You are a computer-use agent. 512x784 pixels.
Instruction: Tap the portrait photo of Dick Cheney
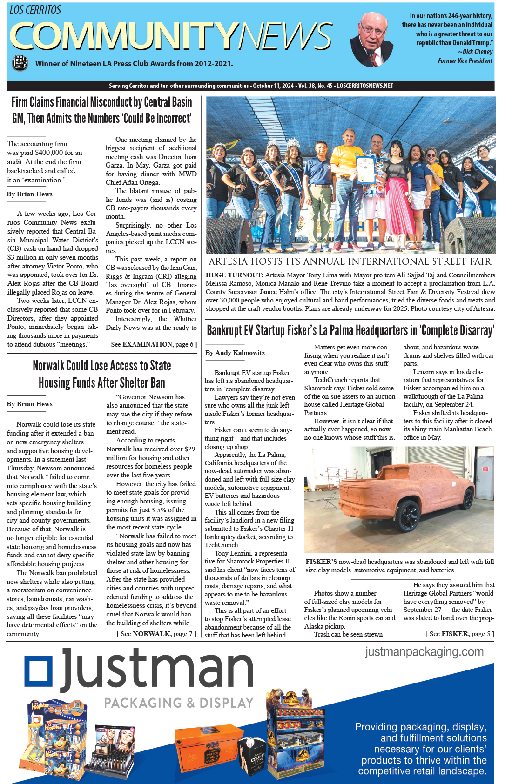pos(372,39)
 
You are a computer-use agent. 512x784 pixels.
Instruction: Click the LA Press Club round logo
pos(19,63)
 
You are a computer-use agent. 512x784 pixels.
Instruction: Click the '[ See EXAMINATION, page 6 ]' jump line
pos(152,344)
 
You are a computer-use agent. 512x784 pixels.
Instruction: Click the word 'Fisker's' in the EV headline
pos(301,330)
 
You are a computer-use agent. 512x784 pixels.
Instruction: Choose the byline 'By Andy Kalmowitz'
pos(235,353)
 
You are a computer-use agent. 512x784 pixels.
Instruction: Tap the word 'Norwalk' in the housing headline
pos(52,366)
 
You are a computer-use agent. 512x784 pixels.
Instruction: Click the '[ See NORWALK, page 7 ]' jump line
pos(156,634)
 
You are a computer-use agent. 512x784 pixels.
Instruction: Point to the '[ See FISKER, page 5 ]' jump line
pos(459,634)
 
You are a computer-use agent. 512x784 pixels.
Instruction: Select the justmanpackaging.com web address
pos(424,651)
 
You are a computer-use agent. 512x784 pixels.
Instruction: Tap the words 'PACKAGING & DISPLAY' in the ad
pos(179,703)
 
